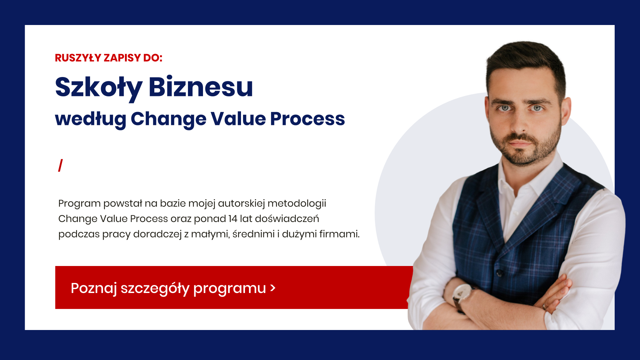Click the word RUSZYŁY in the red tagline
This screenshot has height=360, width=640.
tap(78, 58)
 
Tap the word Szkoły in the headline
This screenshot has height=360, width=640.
tap(99, 88)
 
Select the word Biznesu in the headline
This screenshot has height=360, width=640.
tap(201, 86)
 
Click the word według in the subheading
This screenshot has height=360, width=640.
tap(91, 119)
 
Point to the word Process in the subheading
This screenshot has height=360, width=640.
tap(307, 119)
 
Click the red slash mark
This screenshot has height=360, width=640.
tap(60, 165)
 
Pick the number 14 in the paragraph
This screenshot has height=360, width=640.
tap(233, 219)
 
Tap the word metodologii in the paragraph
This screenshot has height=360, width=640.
tap(297, 203)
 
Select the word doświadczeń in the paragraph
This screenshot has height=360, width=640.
tap(287, 219)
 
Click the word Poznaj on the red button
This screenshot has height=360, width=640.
tap(94, 288)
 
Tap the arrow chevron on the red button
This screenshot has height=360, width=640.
tap(273, 288)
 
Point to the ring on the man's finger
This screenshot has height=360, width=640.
tap(544, 307)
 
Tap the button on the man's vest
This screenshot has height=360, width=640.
tap(499, 273)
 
